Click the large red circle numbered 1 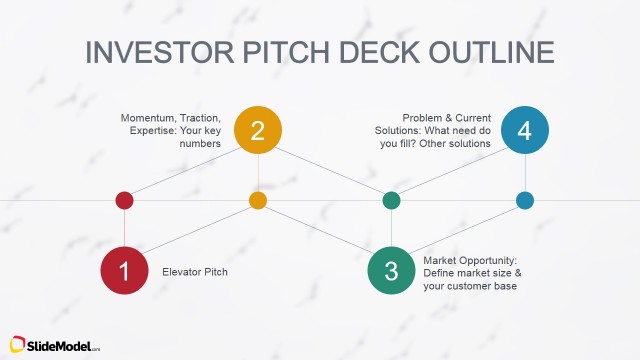pyautogui.click(x=125, y=270)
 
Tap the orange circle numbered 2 pyautogui.click(x=258, y=131)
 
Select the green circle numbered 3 pyautogui.click(x=392, y=270)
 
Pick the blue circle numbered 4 pyautogui.click(x=525, y=131)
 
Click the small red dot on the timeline pyautogui.click(x=125, y=200)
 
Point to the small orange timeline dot pyautogui.click(x=258, y=200)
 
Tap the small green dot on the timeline pyautogui.click(x=392, y=200)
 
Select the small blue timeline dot pyautogui.click(x=525, y=200)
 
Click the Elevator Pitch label pyautogui.click(x=194, y=270)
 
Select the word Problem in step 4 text pyautogui.click(x=425, y=117)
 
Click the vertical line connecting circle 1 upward pyautogui.click(x=125, y=227)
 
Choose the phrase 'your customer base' pyautogui.click(x=470, y=286)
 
